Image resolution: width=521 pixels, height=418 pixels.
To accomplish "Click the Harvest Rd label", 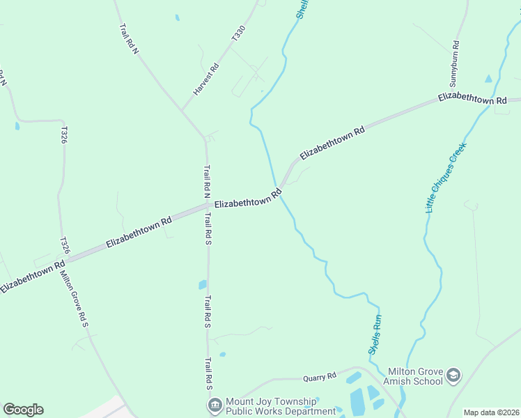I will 205,79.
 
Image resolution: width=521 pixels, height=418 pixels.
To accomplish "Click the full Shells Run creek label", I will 375,335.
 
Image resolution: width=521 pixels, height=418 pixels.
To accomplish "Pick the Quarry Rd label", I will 320,377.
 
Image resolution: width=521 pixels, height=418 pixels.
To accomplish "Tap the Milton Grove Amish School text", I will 415,376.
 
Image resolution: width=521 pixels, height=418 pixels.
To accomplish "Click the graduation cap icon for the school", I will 454,376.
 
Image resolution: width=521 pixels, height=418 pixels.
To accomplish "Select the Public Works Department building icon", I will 214,404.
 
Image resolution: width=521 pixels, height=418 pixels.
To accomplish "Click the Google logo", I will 23,410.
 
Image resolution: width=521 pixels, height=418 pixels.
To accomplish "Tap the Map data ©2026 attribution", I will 491,412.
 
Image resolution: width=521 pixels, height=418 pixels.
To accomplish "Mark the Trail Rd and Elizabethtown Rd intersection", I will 207,206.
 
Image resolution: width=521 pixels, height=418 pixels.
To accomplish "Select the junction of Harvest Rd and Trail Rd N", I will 182,110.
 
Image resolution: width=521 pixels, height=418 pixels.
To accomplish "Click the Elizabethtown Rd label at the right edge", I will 472,98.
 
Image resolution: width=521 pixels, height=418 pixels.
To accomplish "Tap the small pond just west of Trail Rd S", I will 203,284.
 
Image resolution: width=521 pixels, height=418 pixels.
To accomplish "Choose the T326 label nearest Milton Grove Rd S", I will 65,245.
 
